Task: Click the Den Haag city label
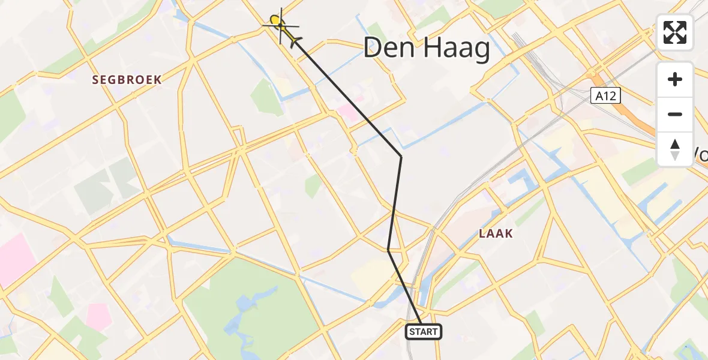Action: click(x=427, y=48)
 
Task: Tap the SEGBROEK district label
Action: click(x=127, y=79)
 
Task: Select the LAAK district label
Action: click(x=496, y=233)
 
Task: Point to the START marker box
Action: click(x=424, y=331)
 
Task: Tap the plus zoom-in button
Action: click(x=675, y=79)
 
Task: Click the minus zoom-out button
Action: click(x=675, y=114)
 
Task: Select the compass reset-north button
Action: click(x=675, y=149)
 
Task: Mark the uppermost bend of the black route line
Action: click(x=401, y=157)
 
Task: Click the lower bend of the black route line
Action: click(x=389, y=250)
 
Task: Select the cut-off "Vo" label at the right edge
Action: click(x=701, y=155)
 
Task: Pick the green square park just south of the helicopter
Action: click(x=266, y=96)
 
